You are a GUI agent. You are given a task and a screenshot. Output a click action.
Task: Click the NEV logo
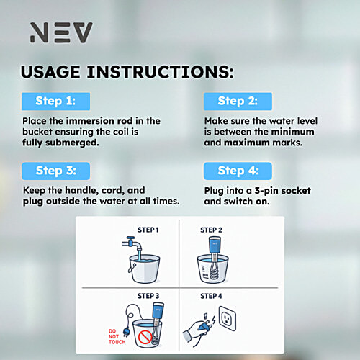click(x=60, y=32)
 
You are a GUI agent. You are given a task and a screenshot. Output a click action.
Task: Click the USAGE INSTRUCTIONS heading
click(x=127, y=72)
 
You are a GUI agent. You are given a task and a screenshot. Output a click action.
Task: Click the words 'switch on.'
click(x=249, y=202)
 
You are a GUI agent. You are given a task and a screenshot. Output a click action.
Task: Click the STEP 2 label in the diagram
click(x=211, y=230)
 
